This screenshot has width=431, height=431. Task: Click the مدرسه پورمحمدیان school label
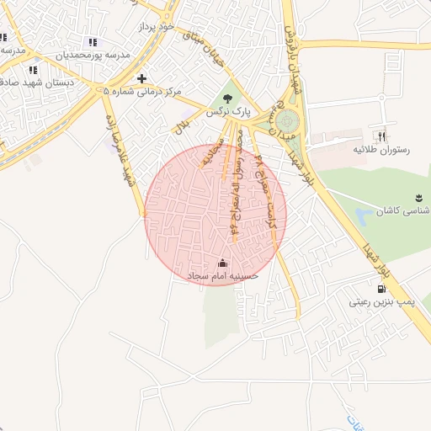93,55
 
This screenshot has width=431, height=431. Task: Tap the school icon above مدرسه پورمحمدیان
93,41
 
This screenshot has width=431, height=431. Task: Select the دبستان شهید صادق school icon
33,70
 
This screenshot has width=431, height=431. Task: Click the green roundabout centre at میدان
288,120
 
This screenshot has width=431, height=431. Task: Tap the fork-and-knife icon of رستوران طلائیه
382,136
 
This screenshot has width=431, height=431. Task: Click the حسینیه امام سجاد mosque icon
222,263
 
